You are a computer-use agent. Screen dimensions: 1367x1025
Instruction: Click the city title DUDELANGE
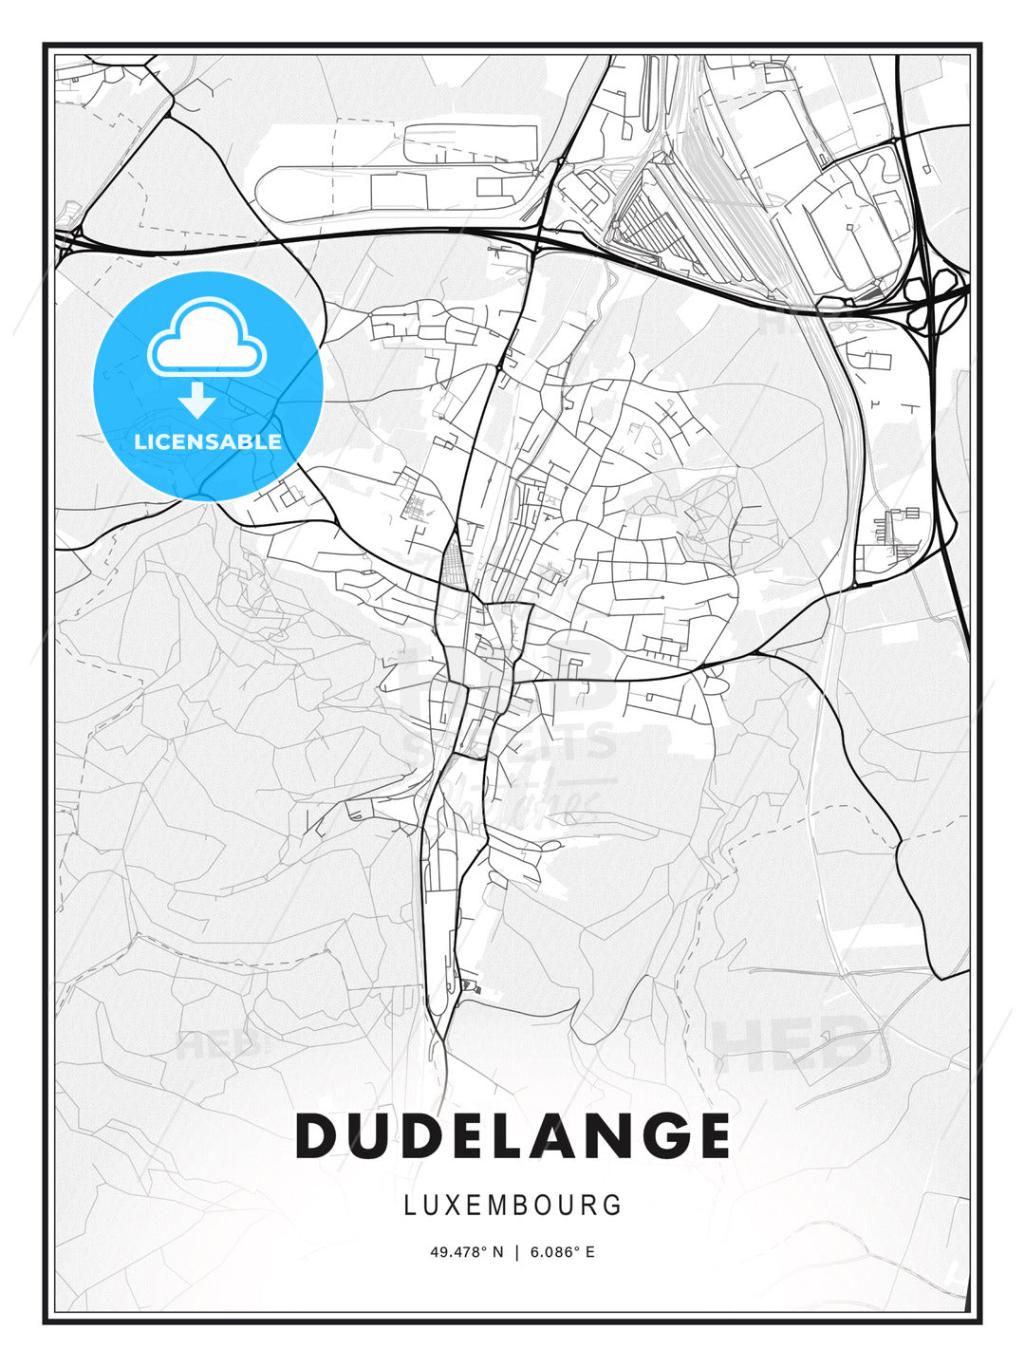pyautogui.click(x=512, y=1135)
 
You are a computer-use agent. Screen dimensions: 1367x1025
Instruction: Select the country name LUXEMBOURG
pyautogui.click(x=512, y=1205)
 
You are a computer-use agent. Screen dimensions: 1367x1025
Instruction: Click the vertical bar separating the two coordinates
pyautogui.click(x=516, y=1251)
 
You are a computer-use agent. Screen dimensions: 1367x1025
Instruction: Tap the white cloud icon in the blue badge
pyautogui.click(x=207, y=339)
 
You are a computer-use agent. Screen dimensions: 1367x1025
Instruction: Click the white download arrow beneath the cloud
pyautogui.click(x=197, y=400)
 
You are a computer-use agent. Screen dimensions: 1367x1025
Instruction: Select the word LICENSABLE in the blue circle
pyautogui.click(x=208, y=441)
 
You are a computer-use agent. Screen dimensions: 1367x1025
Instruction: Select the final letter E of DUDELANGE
pyautogui.click(x=710, y=1135)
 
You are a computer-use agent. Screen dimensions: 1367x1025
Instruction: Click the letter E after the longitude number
pyautogui.click(x=589, y=1251)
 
